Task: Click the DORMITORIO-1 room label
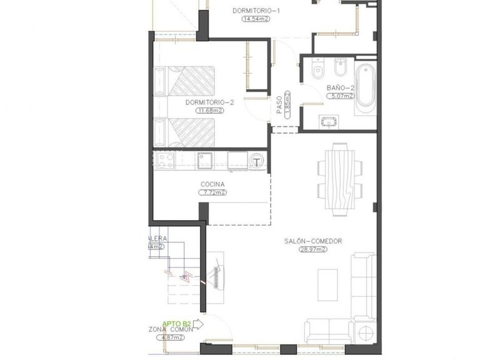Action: click(256, 11)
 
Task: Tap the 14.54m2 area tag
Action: click(256, 19)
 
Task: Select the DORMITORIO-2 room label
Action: click(209, 102)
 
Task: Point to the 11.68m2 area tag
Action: click(209, 111)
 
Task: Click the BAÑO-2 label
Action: click(340, 88)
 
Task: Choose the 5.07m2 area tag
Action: click(341, 96)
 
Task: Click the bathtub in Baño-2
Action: click(365, 87)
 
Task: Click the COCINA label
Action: click(212, 184)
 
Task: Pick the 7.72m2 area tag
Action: click(212, 193)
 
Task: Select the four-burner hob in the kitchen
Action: click(165, 161)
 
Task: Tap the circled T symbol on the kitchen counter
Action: click(257, 162)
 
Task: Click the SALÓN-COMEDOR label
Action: click(313, 241)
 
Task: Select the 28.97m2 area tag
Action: click(313, 249)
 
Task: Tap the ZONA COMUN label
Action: click(169, 330)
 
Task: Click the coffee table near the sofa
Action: click(326, 284)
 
